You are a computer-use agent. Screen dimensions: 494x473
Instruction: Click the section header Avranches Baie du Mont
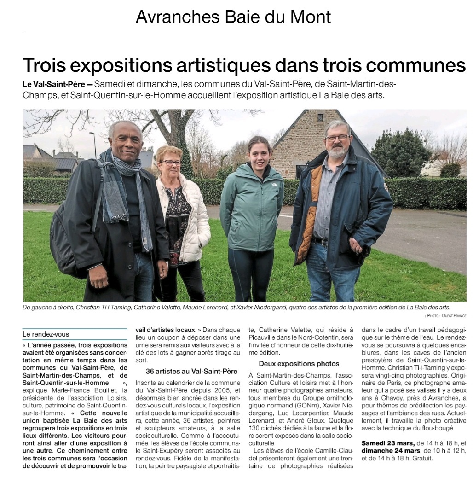coord(233,17)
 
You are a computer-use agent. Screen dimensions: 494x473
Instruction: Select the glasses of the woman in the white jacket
coord(171,163)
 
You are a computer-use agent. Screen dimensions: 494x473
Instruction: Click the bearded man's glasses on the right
coord(337,138)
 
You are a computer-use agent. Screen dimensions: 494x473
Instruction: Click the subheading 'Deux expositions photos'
coord(299,364)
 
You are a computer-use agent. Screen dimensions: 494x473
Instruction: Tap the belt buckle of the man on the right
coord(320,242)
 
